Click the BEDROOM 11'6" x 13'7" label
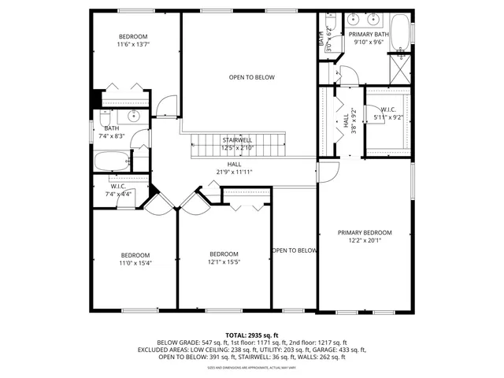click(133, 41)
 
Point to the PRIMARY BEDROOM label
click(365, 236)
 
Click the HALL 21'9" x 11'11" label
click(235, 168)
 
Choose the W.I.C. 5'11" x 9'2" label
click(391, 113)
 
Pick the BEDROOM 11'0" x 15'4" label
click(135, 258)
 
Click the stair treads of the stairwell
click(236, 146)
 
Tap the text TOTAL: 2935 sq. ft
click(252, 335)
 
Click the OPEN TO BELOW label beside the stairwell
click(252, 77)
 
